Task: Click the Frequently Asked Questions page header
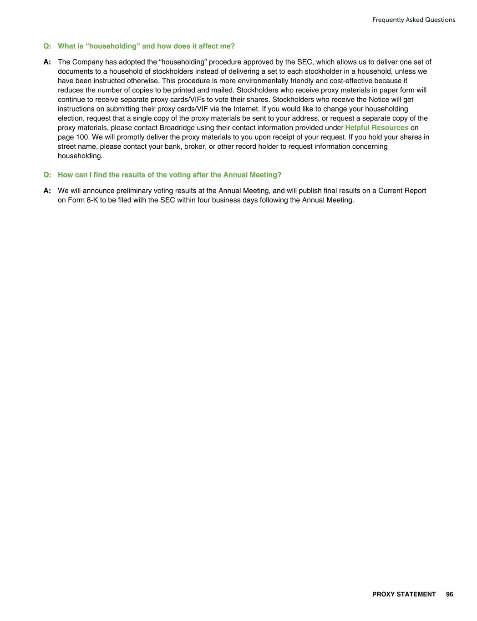pyautogui.click(x=413, y=20)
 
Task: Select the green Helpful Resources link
pyautogui.click(x=376, y=128)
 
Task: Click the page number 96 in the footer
pyautogui.click(x=450, y=594)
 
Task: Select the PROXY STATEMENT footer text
pyautogui.click(x=404, y=594)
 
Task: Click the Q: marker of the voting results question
pyautogui.click(x=47, y=175)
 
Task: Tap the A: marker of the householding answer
pyautogui.click(x=47, y=62)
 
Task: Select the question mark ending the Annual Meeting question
pyautogui.click(x=279, y=175)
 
